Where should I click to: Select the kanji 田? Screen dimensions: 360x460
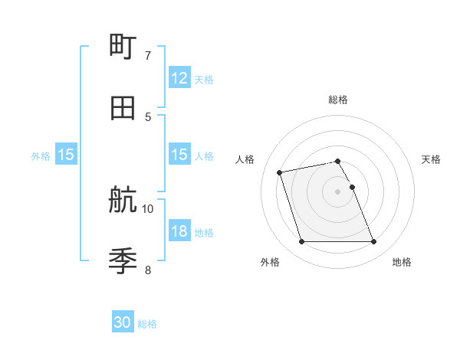coord(123,108)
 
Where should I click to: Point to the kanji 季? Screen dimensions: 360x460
coord(123,261)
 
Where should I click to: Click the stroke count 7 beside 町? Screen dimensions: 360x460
coord(147,56)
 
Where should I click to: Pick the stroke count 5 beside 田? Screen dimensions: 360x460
coord(147,116)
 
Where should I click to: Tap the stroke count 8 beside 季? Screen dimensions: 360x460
coord(147,270)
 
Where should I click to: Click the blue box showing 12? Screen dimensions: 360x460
coord(179,78)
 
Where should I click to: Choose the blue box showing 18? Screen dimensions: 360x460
coord(179,231)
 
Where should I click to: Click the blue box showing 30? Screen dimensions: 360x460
coord(123,322)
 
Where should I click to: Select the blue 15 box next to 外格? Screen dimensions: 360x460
coord(66,155)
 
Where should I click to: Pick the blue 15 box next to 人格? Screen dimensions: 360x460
coord(179,155)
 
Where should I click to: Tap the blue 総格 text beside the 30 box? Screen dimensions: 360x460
coord(147,324)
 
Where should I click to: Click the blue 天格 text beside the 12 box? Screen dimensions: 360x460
coord(204,79)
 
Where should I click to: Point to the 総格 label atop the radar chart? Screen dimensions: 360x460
coord(338,100)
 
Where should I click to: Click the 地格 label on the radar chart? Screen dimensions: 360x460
coord(402,262)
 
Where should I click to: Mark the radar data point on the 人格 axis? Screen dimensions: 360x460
coord(280,172)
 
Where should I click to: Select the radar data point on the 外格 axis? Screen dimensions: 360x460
coord(301,242)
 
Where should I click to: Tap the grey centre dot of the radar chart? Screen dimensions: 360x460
coord(338,191)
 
